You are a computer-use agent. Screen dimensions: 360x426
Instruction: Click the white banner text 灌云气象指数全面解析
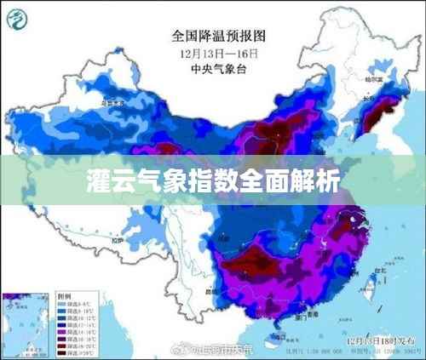(213, 181)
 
